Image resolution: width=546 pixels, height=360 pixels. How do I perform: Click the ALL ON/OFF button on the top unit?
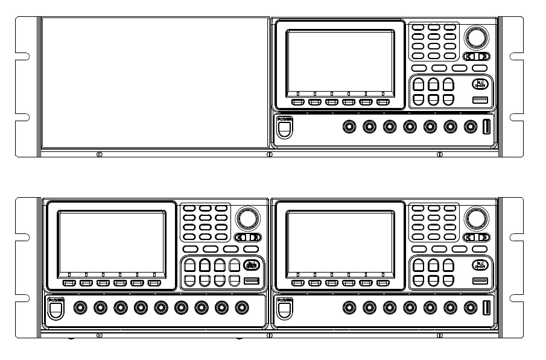479,84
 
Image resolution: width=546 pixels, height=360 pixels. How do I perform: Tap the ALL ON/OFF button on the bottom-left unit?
250,264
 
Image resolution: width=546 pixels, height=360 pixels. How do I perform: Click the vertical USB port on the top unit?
487,127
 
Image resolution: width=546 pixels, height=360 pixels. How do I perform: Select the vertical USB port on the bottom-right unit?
487,308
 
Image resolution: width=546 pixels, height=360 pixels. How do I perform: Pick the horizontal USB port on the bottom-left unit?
251,280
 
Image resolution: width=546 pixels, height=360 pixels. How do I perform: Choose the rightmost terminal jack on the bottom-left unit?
242,308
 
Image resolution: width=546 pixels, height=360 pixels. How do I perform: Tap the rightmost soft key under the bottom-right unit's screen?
383,282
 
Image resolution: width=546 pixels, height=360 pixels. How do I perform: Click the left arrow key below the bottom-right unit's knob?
469,237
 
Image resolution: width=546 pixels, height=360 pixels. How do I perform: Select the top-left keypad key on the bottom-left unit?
189,208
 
